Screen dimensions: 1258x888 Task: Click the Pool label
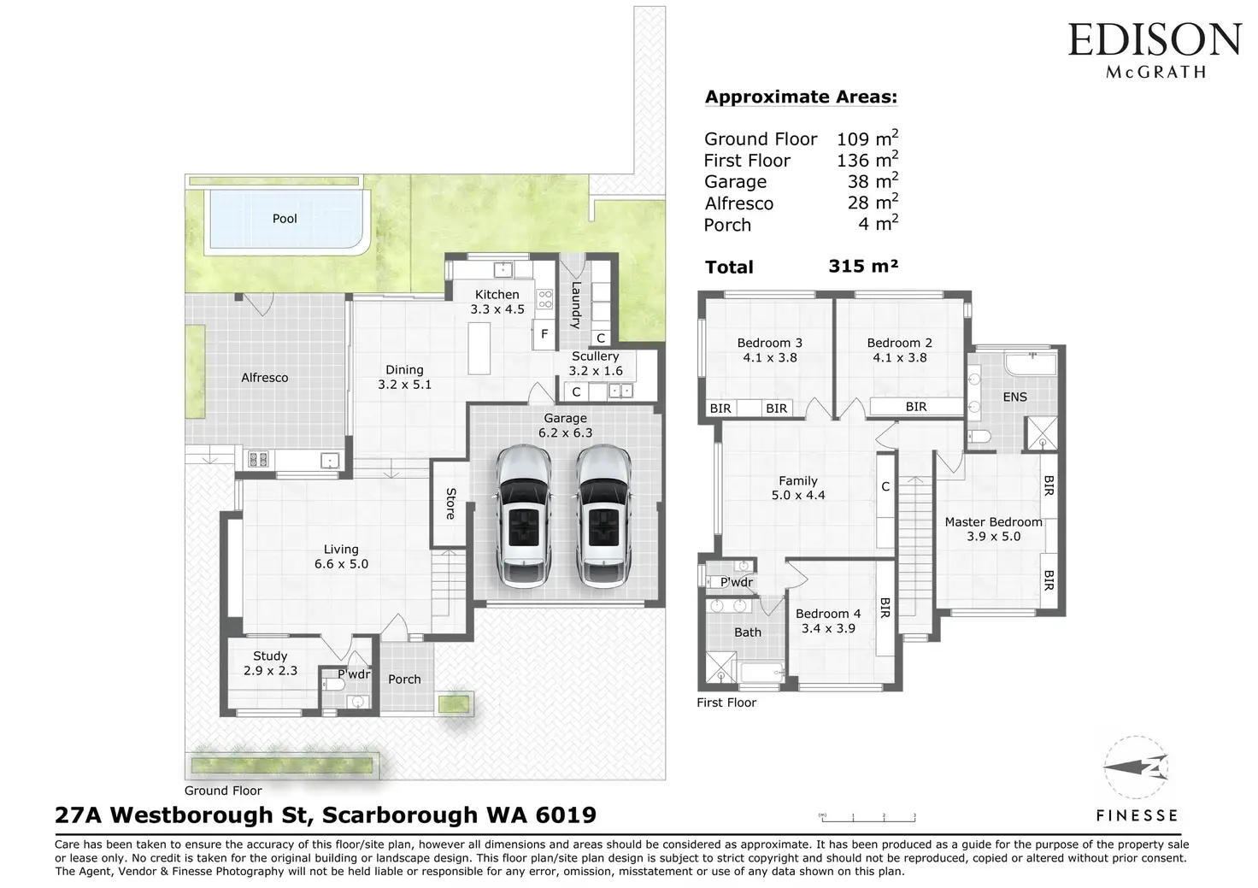click(x=285, y=219)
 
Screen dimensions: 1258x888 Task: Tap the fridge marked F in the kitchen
click(x=544, y=334)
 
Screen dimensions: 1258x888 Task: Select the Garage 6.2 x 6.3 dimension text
click(x=565, y=432)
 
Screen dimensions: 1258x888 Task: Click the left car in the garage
click(x=523, y=517)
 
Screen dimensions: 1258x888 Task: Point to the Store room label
click(x=450, y=503)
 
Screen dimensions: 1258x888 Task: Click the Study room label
click(x=270, y=656)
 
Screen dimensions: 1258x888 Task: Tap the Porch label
click(x=404, y=679)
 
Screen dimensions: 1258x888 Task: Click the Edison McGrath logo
click(x=1154, y=50)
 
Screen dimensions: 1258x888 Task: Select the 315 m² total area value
click(x=863, y=266)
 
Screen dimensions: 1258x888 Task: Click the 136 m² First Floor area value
click(x=867, y=160)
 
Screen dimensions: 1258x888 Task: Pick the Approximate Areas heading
click(x=801, y=97)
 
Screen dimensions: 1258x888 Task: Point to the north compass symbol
click(x=1136, y=767)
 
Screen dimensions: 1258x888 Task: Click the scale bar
click(x=867, y=818)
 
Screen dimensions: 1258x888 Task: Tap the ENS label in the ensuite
click(x=1014, y=397)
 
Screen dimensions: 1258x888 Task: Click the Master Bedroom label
click(x=993, y=522)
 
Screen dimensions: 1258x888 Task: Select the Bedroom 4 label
click(x=828, y=614)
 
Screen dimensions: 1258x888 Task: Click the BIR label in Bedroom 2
click(x=916, y=407)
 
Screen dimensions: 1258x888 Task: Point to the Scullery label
click(x=596, y=356)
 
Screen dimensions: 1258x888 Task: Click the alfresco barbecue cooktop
click(x=258, y=460)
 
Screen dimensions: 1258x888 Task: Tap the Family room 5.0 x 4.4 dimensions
click(x=798, y=496)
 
